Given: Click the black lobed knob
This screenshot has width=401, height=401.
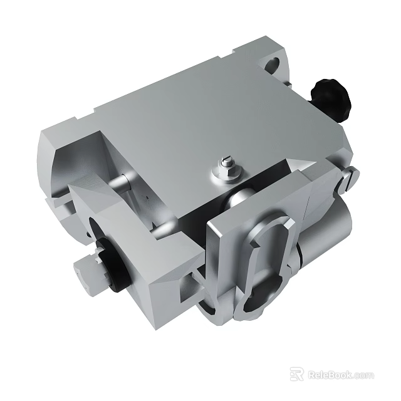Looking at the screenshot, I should click(x=330, y=98).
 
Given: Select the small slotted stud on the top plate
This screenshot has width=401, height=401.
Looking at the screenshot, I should click(x=227, y=163).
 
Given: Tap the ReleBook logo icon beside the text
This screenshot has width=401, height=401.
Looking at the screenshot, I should click(x=297, y=375).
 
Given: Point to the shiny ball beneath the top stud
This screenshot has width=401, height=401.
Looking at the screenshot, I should click(x=237, y=200).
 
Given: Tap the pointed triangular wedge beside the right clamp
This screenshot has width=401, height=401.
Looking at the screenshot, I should click(x=299, y=165).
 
